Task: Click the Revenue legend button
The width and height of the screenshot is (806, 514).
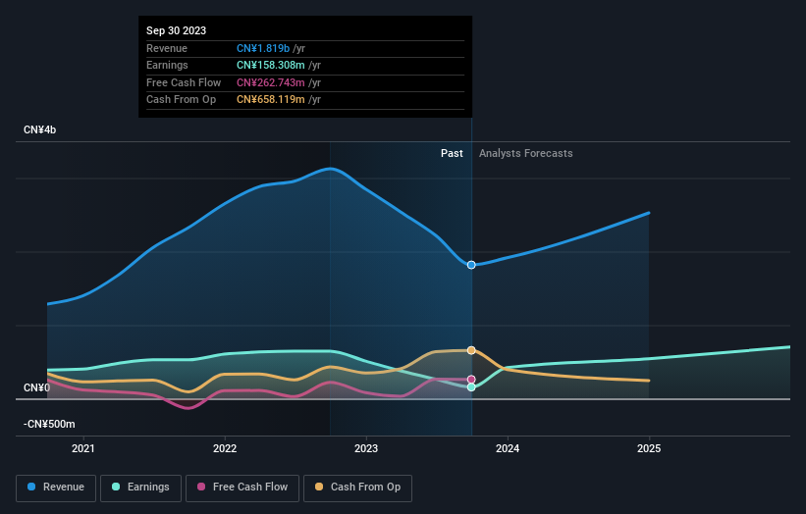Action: [x=56, y=487]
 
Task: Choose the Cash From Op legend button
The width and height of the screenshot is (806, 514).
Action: [x=357, y=487]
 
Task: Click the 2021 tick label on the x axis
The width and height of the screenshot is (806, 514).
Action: [x=84, y=449]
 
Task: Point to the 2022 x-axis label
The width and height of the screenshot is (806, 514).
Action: [x=225, y=449]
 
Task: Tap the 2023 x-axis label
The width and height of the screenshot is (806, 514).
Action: [x=366, y=449]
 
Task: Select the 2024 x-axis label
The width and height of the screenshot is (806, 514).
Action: [x=508, y=449]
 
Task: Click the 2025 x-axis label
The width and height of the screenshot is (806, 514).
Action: [x=649, y=449]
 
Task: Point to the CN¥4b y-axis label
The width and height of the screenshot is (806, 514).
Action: [x=40, y=130]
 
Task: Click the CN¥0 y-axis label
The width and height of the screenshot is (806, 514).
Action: [x=36, y=388]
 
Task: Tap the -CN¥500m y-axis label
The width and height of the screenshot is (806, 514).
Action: [x=49, y=424]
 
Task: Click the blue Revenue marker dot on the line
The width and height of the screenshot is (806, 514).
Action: [x=472, y=265]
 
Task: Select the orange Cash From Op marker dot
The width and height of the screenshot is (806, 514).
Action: [x=472, y=350]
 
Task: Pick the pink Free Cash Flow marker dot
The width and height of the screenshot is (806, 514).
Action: [x=472, y=380]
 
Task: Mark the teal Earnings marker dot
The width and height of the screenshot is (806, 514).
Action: [x=472, y=387]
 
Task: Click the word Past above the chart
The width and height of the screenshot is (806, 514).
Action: [x=452, y=153]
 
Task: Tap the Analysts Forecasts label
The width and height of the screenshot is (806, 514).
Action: [x=525, y=153]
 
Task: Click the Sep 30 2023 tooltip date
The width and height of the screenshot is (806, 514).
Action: [x=177, y=30]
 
